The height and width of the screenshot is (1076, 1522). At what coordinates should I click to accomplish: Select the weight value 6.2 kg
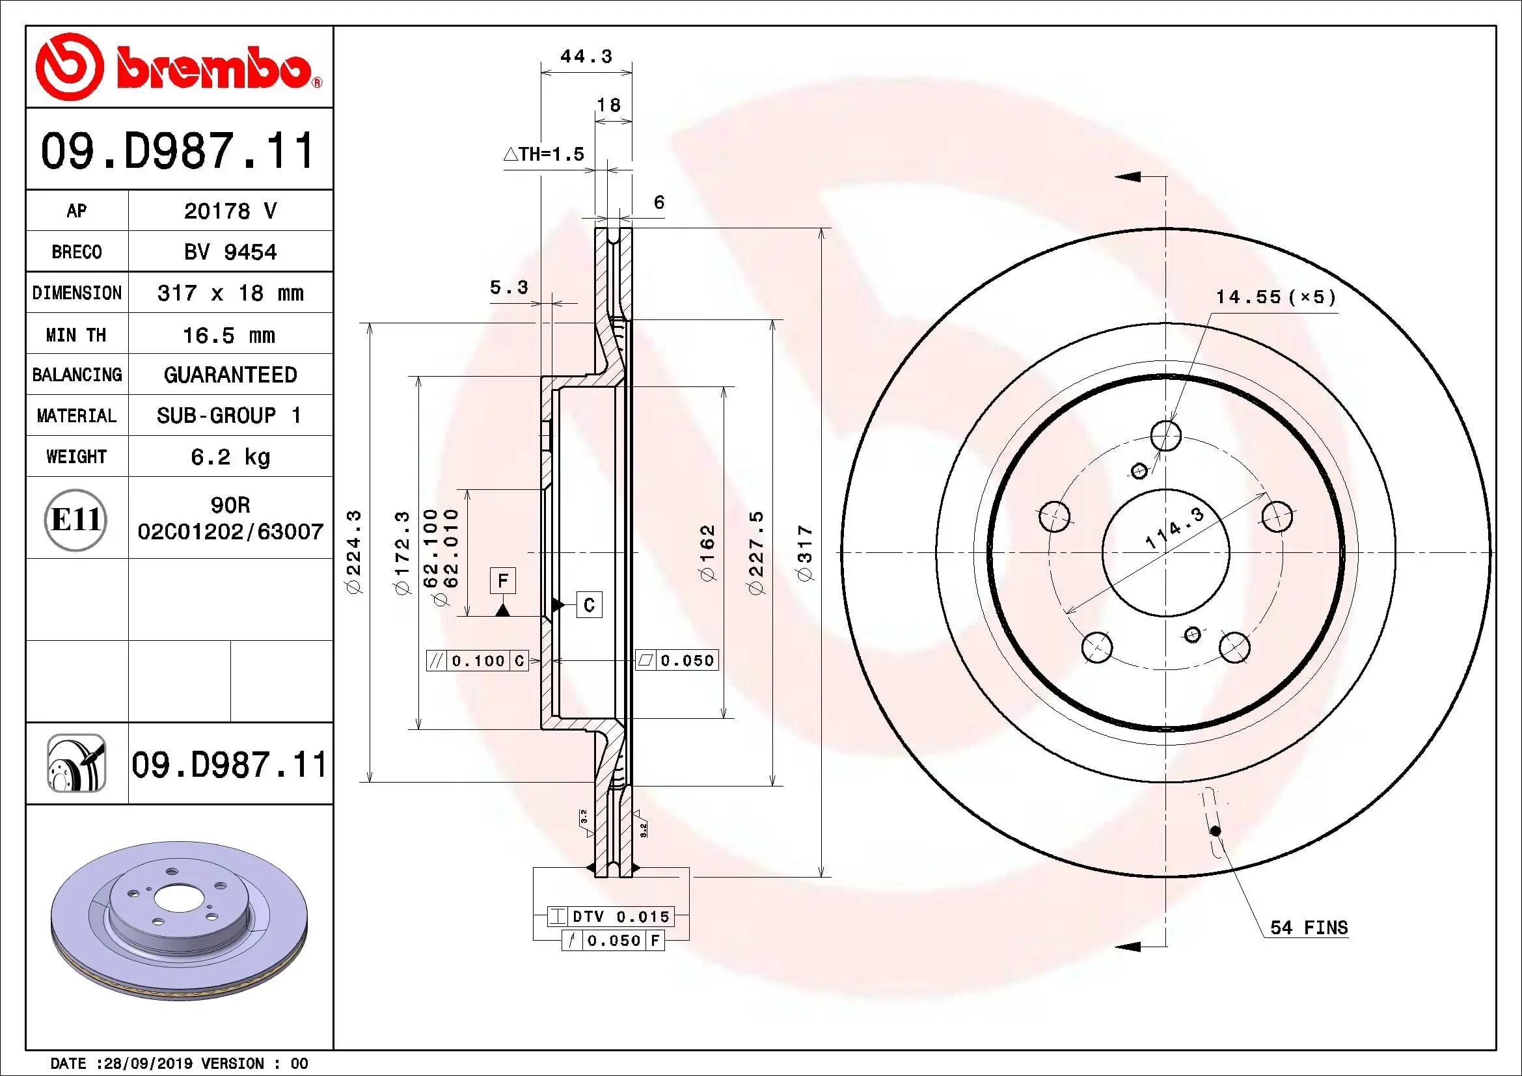[x=230, y=457]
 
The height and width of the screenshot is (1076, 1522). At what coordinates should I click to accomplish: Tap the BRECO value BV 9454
[x=230, y=252]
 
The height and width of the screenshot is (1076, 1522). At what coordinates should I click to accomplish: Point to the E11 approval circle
[x=75, y=519]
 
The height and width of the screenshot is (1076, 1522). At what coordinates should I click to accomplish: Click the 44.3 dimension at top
[x=586, y=57]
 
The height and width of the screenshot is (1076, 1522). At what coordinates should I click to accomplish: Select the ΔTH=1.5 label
[x=543, y=154]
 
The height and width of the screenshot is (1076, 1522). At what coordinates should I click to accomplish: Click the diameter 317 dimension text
[x=805, y=553]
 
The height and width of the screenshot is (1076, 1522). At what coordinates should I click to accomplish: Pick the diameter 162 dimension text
[x=708, y=553]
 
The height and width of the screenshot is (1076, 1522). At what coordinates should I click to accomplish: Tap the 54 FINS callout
[x=1309, y=928]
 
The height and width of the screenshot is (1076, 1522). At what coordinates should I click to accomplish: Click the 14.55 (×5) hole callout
[x=1275, y=297]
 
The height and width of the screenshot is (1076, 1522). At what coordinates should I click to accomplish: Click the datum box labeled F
[x=502, y=581]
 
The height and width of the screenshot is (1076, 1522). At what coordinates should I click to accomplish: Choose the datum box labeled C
[x=589, y=605]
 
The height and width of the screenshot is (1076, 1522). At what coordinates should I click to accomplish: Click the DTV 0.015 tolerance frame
[x=610, y=917]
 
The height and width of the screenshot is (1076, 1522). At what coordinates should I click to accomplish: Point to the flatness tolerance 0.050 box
[x=677, y=660]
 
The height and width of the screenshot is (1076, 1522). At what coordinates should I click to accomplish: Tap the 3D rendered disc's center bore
[x=173, y=899]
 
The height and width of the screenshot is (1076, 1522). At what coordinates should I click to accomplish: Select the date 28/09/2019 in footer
[x=146, y=1064]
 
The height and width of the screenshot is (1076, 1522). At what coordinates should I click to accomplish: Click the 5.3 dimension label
[x=508, y=287]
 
